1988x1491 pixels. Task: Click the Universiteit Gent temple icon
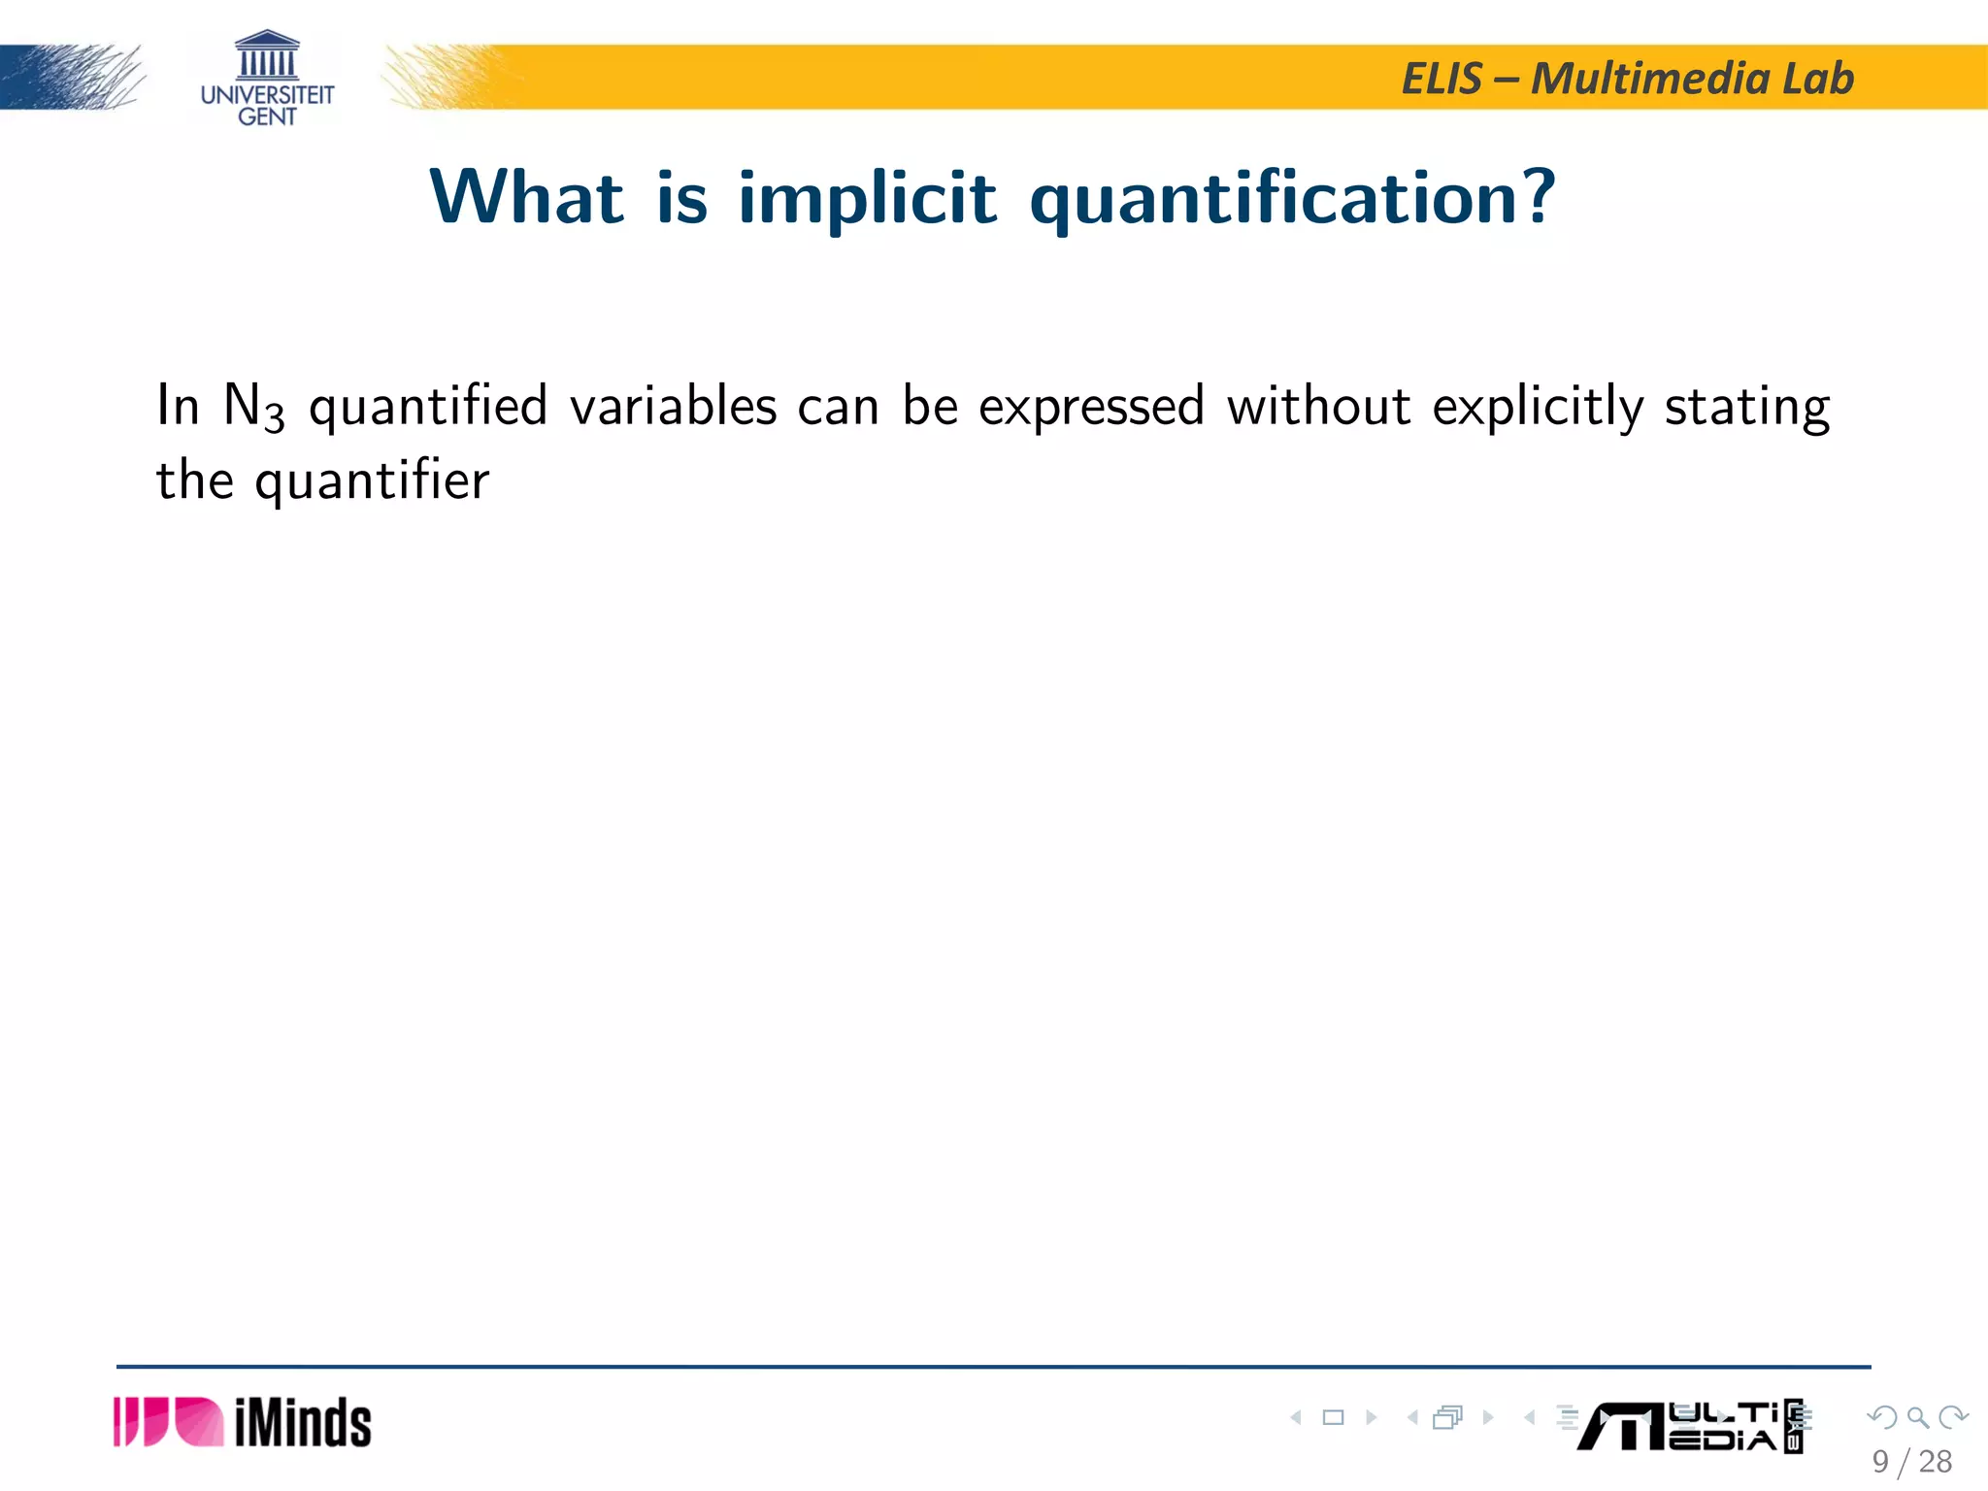click(x=267, y=55)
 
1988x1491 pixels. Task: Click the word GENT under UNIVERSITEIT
click(x=267, y=116)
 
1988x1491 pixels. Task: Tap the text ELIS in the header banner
click(x=1441, y=79)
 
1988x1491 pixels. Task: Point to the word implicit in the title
click(x=867, y=199)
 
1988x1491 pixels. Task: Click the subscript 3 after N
click(x=275, y=417)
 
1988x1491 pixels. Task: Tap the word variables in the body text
click(x=673, y=406)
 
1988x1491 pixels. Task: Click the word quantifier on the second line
click(x=372, y=481)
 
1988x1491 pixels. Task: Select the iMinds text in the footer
click(x=303, y=1424)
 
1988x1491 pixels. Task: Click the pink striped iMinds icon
click(x=168, y=1422)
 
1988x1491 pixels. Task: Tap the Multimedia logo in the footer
click(x=1689, y=1427)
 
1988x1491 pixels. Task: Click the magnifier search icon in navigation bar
click(x=1917, y=1417)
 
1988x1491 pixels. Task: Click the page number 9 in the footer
click(x=1880, y=1462)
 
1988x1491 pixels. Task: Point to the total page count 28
click(x=1936, y=1462)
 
